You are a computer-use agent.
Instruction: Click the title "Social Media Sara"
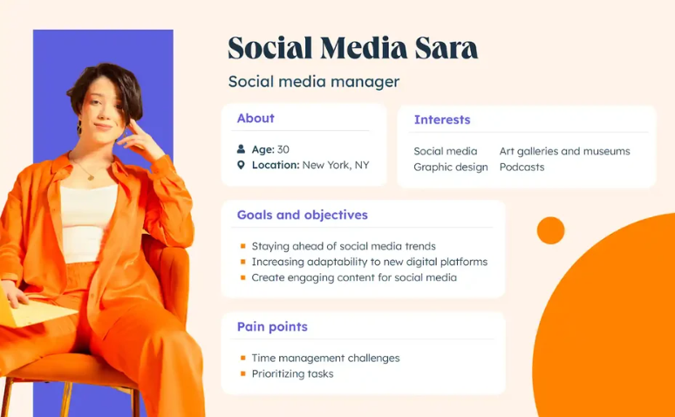tap(352, 48)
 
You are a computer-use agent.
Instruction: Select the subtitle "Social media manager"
tap(314, 82)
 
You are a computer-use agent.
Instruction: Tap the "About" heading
tap(256, 118)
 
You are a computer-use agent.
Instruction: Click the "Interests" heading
tap(442, 120)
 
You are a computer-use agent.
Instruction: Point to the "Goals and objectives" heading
tap(303, 215)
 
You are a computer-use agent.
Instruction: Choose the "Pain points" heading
tap(272, 326)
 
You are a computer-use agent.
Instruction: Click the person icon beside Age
tap(241, 149)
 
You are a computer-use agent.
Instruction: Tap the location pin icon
tap(241, 165)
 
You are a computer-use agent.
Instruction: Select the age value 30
tap(283, 149)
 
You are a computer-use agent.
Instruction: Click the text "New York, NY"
tap(336, 165)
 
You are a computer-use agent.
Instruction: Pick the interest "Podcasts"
tap(522, 167)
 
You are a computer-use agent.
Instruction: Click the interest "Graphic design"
tap(451, 167)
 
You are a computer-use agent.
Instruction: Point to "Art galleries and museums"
tap(565, 151)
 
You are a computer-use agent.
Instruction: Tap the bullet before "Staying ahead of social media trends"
tap(242, 246)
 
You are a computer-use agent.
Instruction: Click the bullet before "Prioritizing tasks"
tap(242, 373)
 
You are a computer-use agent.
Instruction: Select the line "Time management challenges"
tap(325, 358)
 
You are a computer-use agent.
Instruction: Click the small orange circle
tap(550, 230)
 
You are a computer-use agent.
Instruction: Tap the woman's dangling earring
tap(79, 127)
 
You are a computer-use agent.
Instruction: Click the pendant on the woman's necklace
tap(91, 176)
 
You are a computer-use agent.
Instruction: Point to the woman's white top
tap(87, 222)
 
